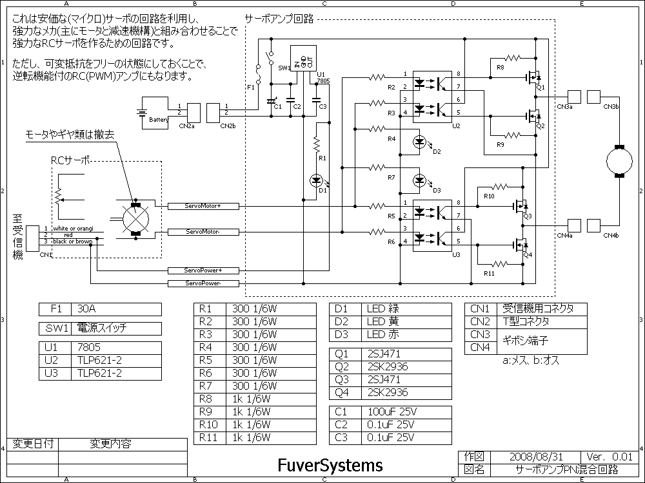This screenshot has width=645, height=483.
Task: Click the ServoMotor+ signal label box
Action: pyautogui.click(x=203, y=206)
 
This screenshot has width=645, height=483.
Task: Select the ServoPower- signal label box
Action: pyautogui.click(x=203, y=283)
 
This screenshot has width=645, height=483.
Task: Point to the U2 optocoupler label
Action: pyautogui.click(x=456, y=126)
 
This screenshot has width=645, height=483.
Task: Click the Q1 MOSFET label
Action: pyautogui.click(x=541, y=87)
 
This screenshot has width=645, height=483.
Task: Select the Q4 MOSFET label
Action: pyautogui.click(x=528, y=255)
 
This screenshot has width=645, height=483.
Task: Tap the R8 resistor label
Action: pyautogui.click(x=501, y=67)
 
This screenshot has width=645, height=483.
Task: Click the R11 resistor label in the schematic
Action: pyautogui.click(x=489, y=273)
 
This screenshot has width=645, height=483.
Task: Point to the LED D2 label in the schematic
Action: pyautogui.click(x=437, y=151)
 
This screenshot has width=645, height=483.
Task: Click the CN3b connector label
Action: pyautogui.click(x=611, y=106)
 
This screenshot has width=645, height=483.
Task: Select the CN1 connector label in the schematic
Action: pyautogui.click(x=45, y=254)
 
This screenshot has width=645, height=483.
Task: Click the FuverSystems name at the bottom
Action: pyautogui.click(x=330, y=464)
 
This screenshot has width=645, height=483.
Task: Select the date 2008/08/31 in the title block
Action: pyautogui.click(x=531, y=456)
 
